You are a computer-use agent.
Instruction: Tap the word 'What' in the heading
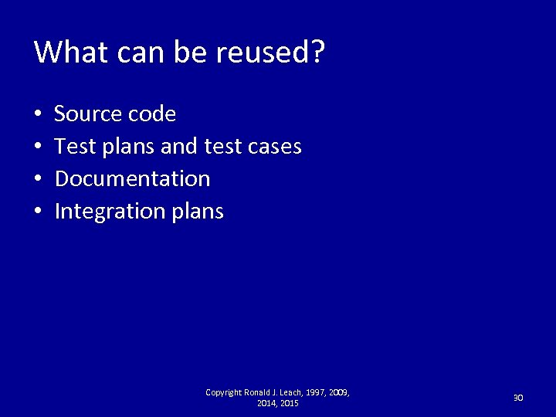tap(64, 52)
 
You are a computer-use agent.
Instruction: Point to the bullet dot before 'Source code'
tap(38, 115)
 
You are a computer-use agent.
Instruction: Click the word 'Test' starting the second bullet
tap(74, 146)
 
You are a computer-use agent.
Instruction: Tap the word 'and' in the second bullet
tap(176, 146)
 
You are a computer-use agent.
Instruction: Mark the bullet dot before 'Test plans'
tap(38, 147)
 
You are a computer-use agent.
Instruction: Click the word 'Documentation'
tap(133, 178)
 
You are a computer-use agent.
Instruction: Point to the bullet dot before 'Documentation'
tap(38, 179)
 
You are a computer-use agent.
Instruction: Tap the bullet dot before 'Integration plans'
tap(38, 212)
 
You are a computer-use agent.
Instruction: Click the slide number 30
tap(519, 398)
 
